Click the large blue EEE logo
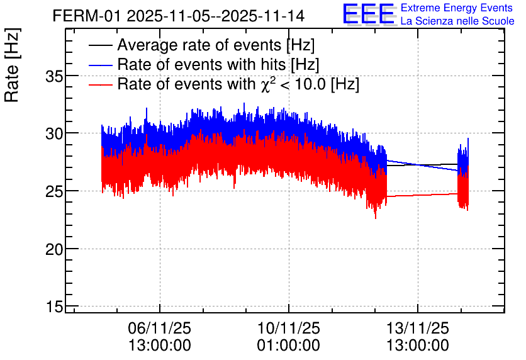pyautogui.click(x=369, y=14)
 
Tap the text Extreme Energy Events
pyautogui.click(x=457, y=9)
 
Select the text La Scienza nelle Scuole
pyautogui.click(x=457, y=21)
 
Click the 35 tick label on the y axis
pyautogui.click(x=57, y=76)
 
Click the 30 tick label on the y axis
pyautogui.click(x=57, y=133)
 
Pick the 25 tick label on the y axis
pyautogui.click(x=57, y=191)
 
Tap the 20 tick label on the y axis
pyautogui.click(x=57, y=249)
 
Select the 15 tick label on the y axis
pyautogui.click(x=57, y=307)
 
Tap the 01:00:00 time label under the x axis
pyautogui.click(x=288, y=346)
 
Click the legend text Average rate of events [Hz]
pyautogui.click(x=216, y=45)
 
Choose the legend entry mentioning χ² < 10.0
pyautogui.click(x=238, y=84)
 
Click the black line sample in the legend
pyautogui.click(x=101, y=45)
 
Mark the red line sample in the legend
pyautogui.click(x=101, y=84)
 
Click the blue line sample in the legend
pyautogui.click(x=101, y=64)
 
